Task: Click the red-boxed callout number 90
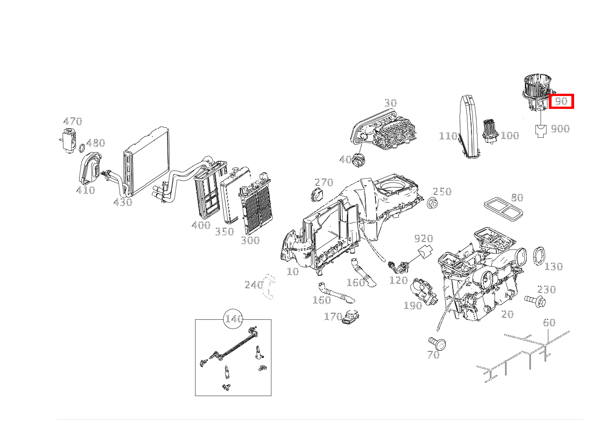click(x=561, y=101)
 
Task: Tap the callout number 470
click(x=72, y=121)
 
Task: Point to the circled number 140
click(x=233, y=319)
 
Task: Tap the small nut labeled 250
click(x=432, y=203)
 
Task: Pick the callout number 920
click(x=423, y=238)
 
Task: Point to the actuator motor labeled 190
click(x=424, y=290)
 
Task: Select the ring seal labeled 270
click(x=317, y=194)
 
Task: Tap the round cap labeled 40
click(x=358, y=160)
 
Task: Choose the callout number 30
click(x=390, y=103)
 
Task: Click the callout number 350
click(x=224, y=231)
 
